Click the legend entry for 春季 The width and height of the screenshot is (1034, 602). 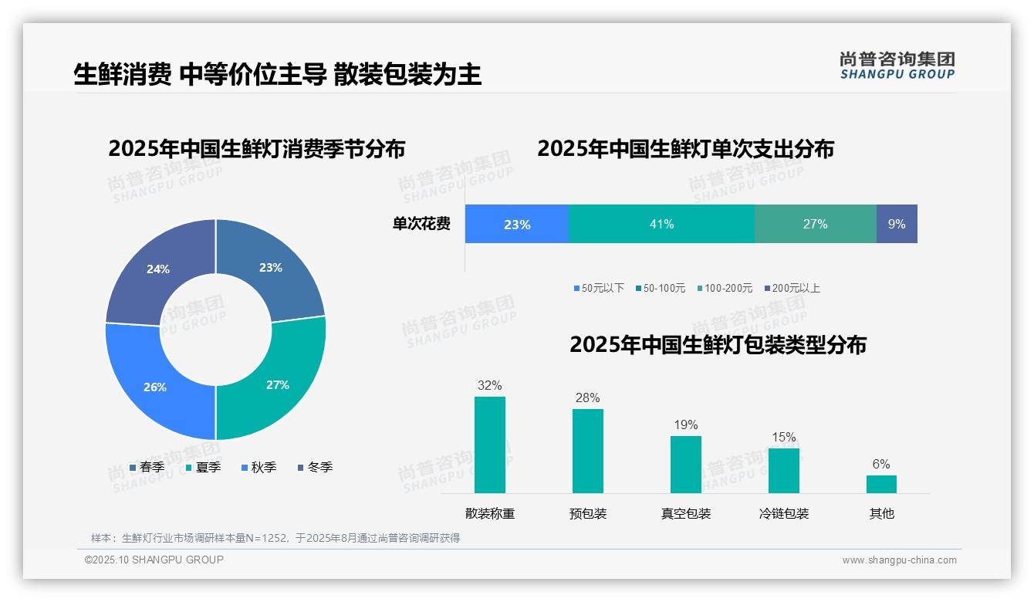click(x=147, y=467)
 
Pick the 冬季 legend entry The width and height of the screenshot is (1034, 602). click(x=314, y=467)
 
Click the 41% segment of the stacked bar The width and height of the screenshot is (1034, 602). click(x=661, y=224)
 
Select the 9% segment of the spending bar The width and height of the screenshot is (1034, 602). click(x=897, y=224)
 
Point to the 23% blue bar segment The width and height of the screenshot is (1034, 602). click(x=516, y=224)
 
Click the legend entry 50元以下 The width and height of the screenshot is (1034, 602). click(x=599, y=288)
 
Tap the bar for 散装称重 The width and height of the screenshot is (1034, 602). click(x=489, y=445)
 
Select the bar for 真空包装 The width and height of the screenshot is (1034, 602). click(x=685, y=464)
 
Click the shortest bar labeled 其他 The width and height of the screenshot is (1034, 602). click(x=881, y=484)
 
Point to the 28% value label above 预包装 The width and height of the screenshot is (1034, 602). click(x=587, y=397)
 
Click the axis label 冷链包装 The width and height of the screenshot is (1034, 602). click(x=784, y=513)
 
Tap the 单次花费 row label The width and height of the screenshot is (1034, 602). click(x=421, y=224)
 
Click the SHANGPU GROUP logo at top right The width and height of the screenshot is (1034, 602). click(x=897, y=65)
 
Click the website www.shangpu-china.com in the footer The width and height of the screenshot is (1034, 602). click(x=899, y=560)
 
